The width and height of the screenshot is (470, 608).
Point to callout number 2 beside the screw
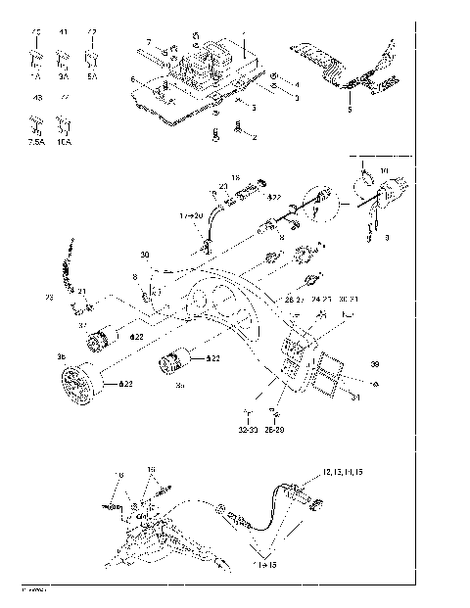[x=255, y=138]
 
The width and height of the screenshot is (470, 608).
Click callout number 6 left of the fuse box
[x=132, y=78]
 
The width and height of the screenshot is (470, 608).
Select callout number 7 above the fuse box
[x=150, y=41]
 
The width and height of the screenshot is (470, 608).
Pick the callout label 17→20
[x=191, y=214]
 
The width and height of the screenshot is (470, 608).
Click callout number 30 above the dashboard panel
[x=145, y=255]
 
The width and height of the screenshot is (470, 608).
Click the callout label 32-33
[x=248, y=429]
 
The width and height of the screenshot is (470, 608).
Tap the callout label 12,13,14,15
[x=341, y=473]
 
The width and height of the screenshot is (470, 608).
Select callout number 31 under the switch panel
[x=356, y=397]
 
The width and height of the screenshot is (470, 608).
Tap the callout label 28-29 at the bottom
[x=278, y=429]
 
